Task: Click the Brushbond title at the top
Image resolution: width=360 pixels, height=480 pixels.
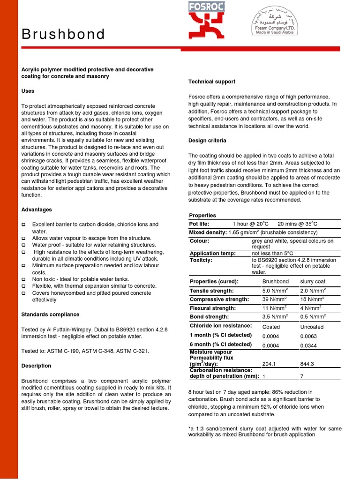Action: pos(63,34)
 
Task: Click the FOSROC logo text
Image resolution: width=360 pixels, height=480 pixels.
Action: pos(207,6)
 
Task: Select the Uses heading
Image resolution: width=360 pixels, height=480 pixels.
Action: pos(28,91)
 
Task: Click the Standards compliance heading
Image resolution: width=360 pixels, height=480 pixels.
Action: pos(50,315)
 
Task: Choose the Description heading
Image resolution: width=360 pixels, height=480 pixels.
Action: pos(36,366)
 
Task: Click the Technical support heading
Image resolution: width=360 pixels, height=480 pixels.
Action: pos(211,82)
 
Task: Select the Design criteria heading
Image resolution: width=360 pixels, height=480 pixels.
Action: pos(207,141)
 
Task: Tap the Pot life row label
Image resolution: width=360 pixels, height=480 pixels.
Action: pos(199,224)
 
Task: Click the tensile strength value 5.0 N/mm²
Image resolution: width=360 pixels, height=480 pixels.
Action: pos(274,291)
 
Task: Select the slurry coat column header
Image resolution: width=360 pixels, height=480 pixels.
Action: pos(313,282)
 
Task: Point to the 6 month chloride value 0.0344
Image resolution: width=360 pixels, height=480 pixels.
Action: pos(309,345)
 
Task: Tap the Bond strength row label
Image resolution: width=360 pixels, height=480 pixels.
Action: pos(209,317)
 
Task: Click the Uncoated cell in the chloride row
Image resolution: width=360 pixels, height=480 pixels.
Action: pos(312,327)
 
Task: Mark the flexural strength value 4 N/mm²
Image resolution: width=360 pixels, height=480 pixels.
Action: pos(310,308)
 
